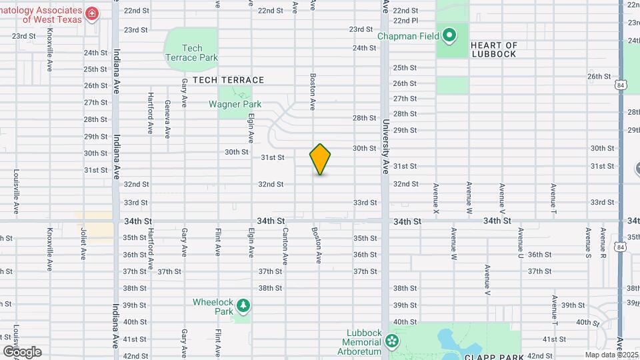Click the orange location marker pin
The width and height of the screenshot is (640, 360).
click(x=321, y=159)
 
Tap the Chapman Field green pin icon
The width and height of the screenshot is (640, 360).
click(x=450, y=35)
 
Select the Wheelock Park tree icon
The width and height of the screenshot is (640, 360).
click(x=244, y=306)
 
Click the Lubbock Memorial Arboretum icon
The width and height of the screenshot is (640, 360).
click(x=391, y=341)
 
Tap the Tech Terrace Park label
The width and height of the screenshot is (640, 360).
click(x=191, y=53)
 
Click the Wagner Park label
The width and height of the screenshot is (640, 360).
click(x=235, y=104)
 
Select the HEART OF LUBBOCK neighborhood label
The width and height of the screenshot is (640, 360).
click(x=494, y=49)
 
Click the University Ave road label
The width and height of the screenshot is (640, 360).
click(x=385, y=147)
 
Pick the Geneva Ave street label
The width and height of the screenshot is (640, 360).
click(x=167, y=116)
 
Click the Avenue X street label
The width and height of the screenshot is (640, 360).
click(x=437, y=199)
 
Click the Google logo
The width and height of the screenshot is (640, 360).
click(x=22, y=352)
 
